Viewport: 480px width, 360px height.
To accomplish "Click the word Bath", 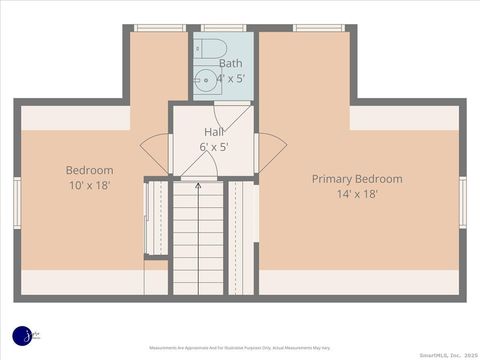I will (x=230, y=63).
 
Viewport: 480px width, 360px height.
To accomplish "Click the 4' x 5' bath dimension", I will (x=230, y=77).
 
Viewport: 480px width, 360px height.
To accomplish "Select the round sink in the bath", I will (x=205, y=81).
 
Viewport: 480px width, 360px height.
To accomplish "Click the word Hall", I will (x=215, y=132).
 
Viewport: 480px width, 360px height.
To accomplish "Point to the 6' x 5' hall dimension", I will (x=215, y=147).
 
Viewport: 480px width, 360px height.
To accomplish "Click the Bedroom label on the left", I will (x=90, y=170).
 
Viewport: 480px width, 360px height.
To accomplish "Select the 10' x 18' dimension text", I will (x=90, y=186).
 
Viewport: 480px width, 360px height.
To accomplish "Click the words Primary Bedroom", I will (x=357, y=179).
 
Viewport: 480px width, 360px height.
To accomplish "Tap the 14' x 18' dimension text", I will (x=357, y=194).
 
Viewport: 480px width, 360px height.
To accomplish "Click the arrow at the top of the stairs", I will (x=198, y=185).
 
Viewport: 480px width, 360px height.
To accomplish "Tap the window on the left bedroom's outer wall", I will (x=17, y=202).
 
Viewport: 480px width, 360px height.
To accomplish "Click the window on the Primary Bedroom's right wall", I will (x=462, y=202).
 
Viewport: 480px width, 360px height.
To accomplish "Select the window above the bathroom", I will (x=223, y=28).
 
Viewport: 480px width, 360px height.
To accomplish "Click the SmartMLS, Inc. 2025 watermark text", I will (x=446, y=354).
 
